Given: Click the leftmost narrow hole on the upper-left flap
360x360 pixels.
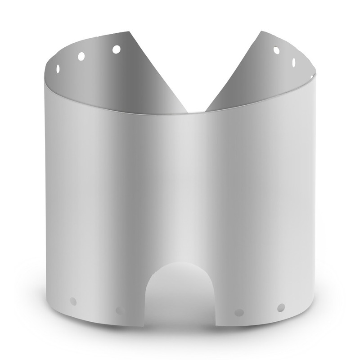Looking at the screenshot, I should coord(58,68).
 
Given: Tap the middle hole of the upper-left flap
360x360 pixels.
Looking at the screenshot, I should coord(81,56).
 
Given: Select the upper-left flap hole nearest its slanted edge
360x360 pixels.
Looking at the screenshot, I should coord(116,49).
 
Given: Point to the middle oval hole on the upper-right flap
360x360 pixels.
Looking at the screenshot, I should coord(294,62).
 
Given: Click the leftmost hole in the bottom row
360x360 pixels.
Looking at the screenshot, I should coord(73,301).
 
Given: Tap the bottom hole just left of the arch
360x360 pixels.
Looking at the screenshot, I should coord(119,310).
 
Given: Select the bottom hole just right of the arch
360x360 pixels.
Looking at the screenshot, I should coord(239,312).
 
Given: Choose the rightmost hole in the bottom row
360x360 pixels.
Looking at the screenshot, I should coord(281,307).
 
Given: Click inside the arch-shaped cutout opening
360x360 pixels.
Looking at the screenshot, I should coord(180,297).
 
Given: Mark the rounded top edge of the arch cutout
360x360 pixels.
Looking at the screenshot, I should coord(180,264).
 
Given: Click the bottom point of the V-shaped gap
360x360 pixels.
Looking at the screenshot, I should coord(196,112).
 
